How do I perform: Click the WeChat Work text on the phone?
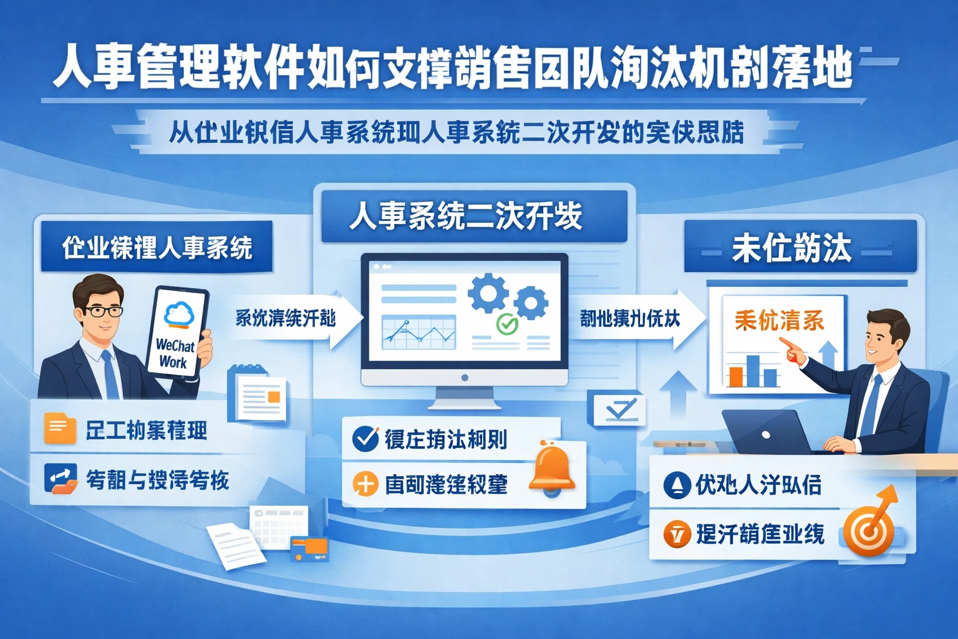coord(175,353)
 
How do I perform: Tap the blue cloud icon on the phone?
coord(179,313)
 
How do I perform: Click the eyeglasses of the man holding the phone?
coord(104,311)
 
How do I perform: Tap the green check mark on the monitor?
coord(506,324)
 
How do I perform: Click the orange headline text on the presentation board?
coord(779,321)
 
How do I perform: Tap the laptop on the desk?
coord(767,433)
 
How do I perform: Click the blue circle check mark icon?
coord(365,439)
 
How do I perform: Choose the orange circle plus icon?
coord(365,484)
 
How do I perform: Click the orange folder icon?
coord(60,429)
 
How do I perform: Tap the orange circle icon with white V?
coord(677,534)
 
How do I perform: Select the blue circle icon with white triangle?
coord(677,485)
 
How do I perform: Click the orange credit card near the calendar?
coord(309,549)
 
